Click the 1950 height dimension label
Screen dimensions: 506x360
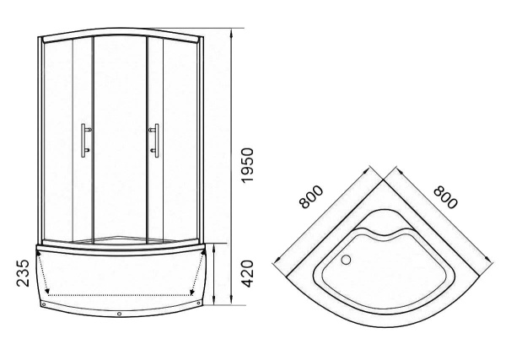tap(247, 165)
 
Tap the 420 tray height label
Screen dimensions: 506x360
tap(247, 273)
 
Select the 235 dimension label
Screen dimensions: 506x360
tap(23, 273)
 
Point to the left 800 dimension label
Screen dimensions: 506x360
tap(310, 196)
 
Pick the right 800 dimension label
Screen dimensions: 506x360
tap(446, 196)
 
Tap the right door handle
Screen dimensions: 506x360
tap(154, 140)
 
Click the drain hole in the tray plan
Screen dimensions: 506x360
tap(346, 260)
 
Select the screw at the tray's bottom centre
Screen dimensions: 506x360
tap(120, 314)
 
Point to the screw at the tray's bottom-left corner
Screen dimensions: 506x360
tap(44, 304)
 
